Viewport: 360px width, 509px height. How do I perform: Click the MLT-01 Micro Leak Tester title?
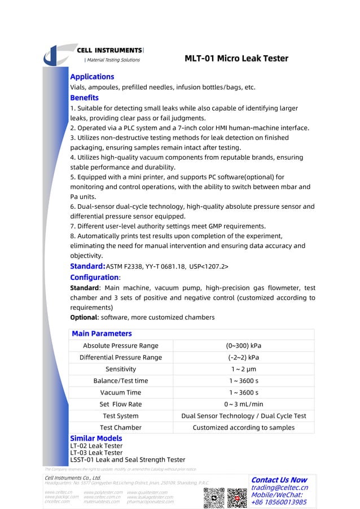236,59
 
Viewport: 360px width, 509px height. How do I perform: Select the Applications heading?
91,77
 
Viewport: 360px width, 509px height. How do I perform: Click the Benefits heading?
84,98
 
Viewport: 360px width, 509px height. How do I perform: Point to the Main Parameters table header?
102,334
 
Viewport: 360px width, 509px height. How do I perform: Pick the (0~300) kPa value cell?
243,345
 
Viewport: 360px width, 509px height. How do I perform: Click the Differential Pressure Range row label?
120,357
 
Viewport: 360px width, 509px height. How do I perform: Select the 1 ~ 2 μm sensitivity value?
243,369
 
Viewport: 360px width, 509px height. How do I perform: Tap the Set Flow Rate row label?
120,404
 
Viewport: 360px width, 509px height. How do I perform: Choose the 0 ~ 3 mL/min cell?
243,404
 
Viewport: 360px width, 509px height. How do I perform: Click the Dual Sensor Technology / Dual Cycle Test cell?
243,416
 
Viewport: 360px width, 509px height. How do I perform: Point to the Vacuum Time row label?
120,392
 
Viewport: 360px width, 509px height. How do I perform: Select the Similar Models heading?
95,438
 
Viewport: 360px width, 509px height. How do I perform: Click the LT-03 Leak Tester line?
96,453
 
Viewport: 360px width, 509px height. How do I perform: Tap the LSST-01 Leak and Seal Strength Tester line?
127,459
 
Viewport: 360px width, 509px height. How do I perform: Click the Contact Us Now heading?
279,480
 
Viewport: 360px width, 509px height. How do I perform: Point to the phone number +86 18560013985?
279,502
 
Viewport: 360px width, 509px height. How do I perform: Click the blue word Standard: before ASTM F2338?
87,266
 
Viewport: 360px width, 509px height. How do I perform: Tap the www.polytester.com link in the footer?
103,492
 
